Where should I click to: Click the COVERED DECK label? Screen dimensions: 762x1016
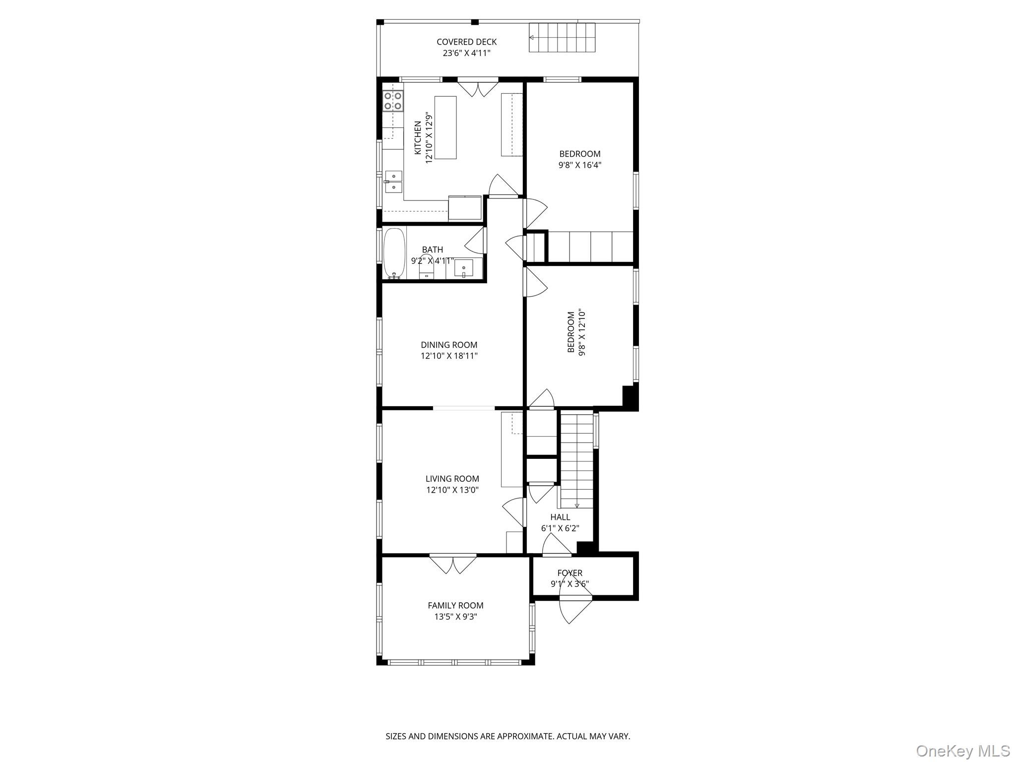tap(466, 42)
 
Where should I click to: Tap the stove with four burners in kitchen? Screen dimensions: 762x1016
tap(392, 101)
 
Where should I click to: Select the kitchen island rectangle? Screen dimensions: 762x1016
tap(445, 127)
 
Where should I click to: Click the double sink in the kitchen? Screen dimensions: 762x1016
tap(393, 181)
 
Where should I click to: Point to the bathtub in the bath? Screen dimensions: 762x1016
tap(394, 253)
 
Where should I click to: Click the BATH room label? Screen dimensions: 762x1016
tap(432, 250)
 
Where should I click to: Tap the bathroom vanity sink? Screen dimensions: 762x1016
tap(464, 269)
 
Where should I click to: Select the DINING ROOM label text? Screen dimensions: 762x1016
tap(449, 345)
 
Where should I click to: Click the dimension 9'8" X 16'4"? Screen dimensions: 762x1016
tap(579, 165)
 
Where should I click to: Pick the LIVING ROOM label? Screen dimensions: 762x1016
tap(452, 479)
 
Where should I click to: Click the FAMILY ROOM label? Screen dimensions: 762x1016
tap(455, 605)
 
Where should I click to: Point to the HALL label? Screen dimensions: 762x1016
tap(560, 517)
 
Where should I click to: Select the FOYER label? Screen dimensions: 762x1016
tap(570, 573)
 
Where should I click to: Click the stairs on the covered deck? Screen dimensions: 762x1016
tap(562, 38)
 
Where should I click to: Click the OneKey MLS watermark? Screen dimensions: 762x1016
tap(962, 750)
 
